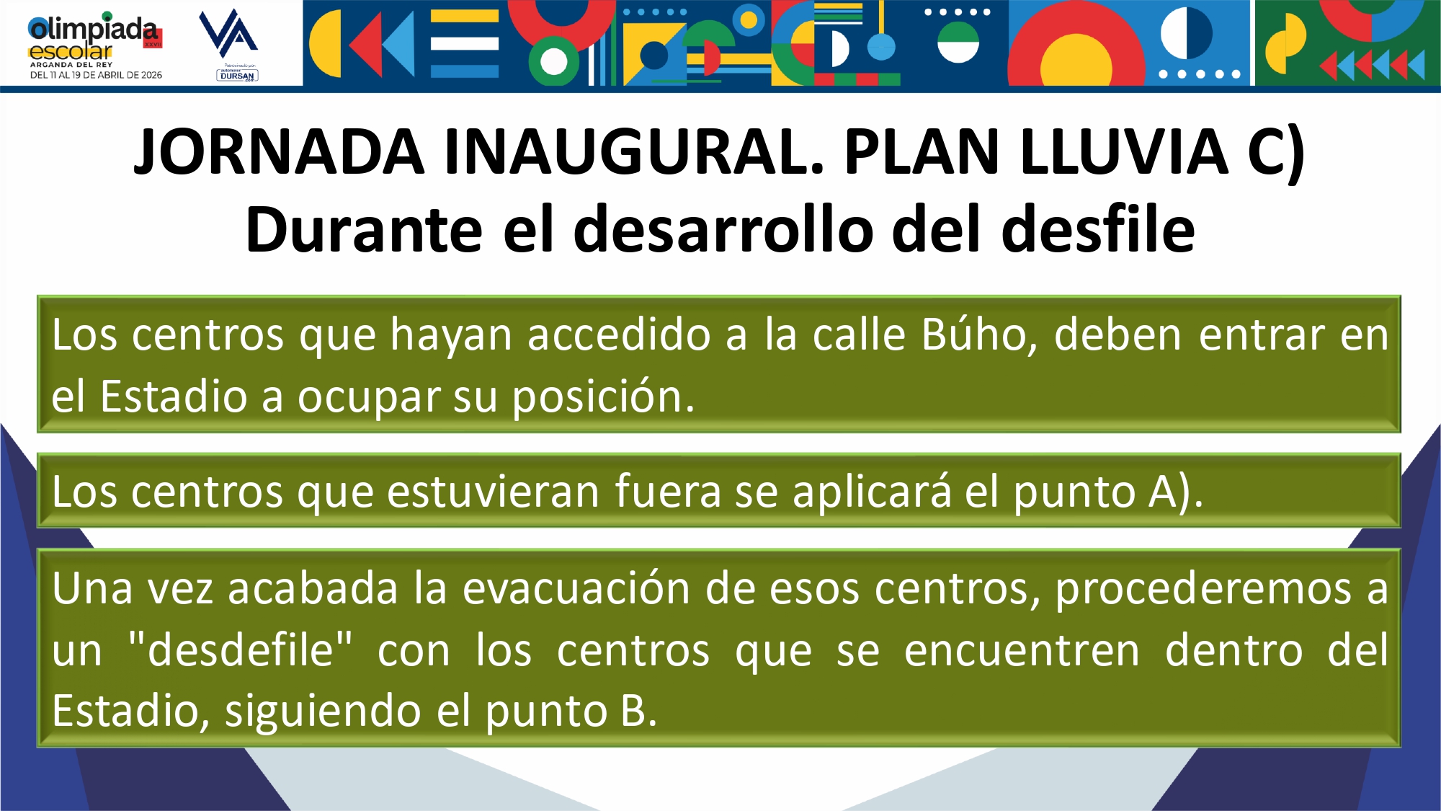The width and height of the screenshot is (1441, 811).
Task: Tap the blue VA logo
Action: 228,33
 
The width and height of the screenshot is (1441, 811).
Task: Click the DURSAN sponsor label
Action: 237,75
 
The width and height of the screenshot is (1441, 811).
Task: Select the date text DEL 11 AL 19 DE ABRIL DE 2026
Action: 96,75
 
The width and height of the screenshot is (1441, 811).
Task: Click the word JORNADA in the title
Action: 280,151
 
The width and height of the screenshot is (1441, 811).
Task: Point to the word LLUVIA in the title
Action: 1124,151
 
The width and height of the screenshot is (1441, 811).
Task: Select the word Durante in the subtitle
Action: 364,229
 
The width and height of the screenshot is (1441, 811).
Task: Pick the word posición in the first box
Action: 603,397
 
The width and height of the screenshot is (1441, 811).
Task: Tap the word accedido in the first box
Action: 620,334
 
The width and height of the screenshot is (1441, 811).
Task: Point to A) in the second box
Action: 1176,493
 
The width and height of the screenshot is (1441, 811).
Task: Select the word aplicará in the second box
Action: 872,492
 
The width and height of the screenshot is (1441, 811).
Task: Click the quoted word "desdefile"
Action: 240,649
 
